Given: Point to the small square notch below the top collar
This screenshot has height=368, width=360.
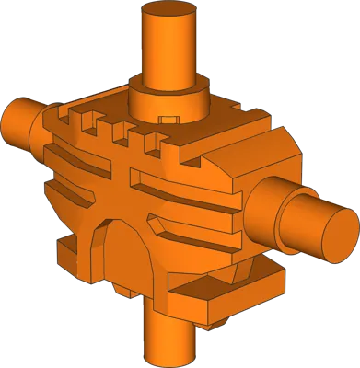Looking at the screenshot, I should (168, 119).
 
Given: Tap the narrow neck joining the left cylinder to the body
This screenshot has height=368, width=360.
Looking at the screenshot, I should (37, 129).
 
